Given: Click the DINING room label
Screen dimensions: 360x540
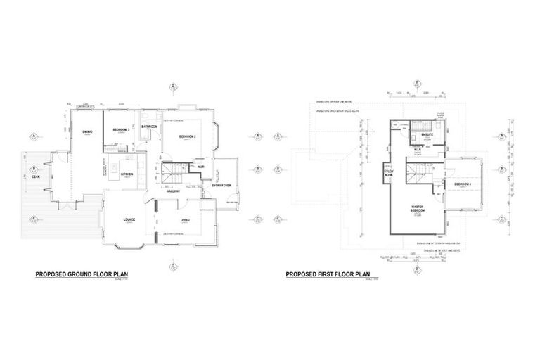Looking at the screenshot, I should point(88,131).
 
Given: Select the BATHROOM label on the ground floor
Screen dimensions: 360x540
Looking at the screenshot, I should point(150,127).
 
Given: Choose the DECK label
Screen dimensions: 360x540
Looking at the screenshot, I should point(36,176).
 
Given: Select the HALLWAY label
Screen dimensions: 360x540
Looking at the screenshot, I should point(173,191).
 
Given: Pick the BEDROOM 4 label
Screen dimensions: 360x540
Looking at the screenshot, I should point(462,184).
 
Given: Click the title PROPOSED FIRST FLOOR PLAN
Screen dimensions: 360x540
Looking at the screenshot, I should point(328,276).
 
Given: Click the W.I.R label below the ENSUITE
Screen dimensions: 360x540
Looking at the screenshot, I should point(418,149).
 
